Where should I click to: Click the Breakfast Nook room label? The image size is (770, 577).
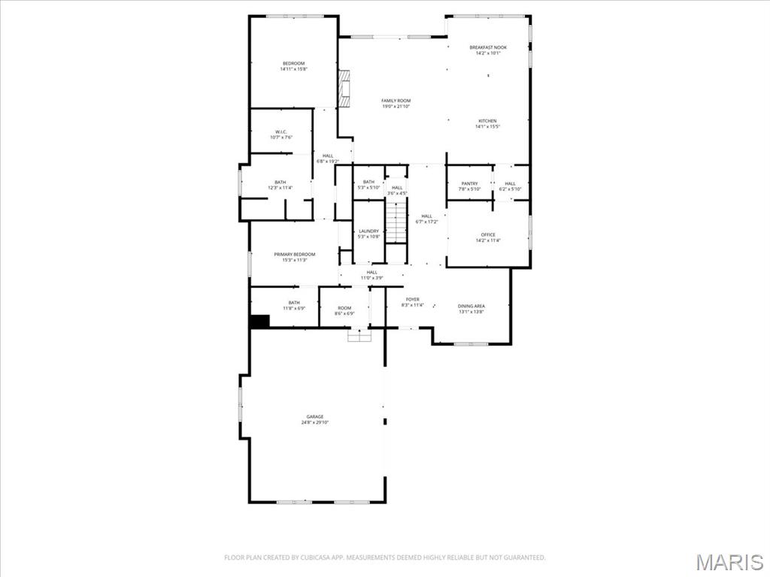(488, 47)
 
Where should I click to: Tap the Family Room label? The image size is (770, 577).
(396, 101)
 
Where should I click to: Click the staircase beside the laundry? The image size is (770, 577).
(396, 222)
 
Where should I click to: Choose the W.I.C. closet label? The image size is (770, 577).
(281, 132)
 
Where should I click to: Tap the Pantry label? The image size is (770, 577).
(469, 183)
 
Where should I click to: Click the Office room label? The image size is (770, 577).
(488, 234)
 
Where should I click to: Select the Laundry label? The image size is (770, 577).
(368, 231)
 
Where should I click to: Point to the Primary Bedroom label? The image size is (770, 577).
(294, 254)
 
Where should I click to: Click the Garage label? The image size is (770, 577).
(314, 416)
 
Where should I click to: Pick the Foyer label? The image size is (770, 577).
(413, 299)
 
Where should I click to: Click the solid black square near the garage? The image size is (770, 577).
(259, 321)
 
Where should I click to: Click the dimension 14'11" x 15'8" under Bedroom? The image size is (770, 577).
(294, 69)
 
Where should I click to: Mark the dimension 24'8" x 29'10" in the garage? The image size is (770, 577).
(314, 422)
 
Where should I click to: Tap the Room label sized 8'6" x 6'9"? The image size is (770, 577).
(344, 307)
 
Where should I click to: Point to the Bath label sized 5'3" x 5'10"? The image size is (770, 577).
(368, 182)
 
